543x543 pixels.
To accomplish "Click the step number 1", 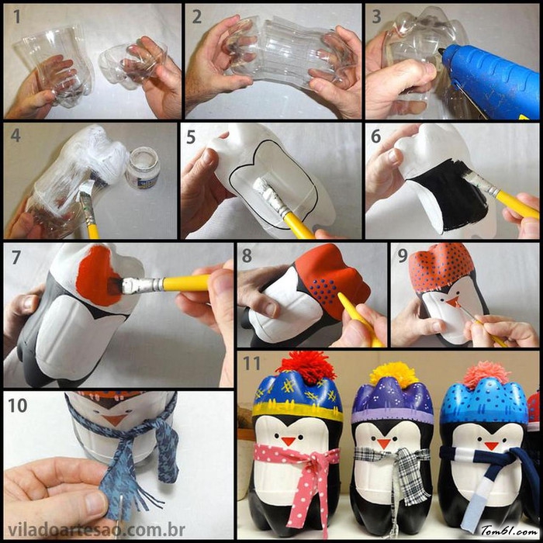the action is (16, 16).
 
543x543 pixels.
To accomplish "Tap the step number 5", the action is (191, 137).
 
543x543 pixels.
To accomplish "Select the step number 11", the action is (251, 363).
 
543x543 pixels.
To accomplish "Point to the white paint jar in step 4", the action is (143, 168).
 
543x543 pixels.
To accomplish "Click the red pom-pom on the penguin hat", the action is (307, 367).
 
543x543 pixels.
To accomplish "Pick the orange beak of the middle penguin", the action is (383, 443).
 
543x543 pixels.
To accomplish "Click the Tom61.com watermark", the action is (509, 531).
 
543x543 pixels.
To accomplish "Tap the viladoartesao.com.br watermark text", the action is (96, 530).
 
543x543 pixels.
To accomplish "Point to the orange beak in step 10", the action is (114, 420).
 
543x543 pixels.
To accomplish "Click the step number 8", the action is (247, 256).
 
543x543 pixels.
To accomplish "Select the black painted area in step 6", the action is (447, 195).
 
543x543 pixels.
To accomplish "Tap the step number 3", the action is (376, 16).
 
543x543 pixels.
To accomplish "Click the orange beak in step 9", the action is (453, 302).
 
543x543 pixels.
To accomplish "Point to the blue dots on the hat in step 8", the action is (323, 290).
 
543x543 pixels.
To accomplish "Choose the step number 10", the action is (17, 405).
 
